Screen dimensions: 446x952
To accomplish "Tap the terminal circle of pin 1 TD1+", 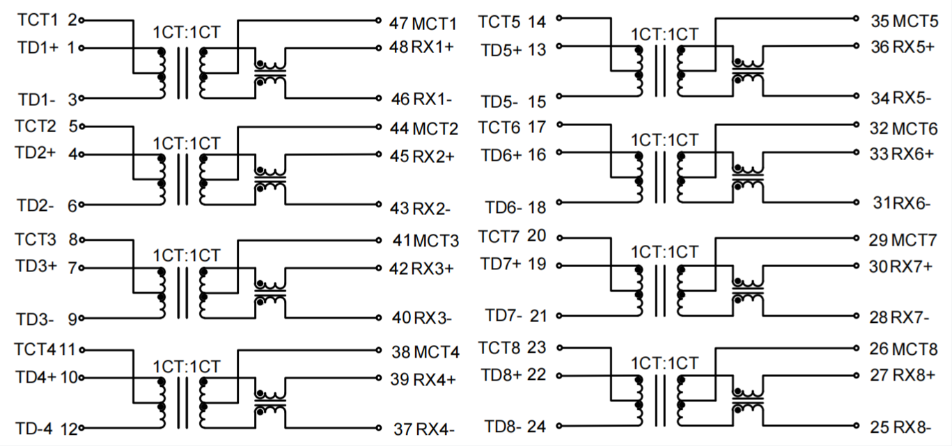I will point(82,48).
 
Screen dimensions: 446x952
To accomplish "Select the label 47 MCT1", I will point(423,23).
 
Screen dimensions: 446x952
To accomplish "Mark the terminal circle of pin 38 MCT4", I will point(379,350).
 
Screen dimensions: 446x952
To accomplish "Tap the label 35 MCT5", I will point(904,20).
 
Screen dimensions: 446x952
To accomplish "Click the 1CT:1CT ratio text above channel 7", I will point(664,252).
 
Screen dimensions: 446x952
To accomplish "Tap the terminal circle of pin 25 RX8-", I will point(857,427).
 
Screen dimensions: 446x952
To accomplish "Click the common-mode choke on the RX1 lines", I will point(270,72).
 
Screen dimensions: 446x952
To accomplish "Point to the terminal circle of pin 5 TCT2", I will point(82,126).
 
